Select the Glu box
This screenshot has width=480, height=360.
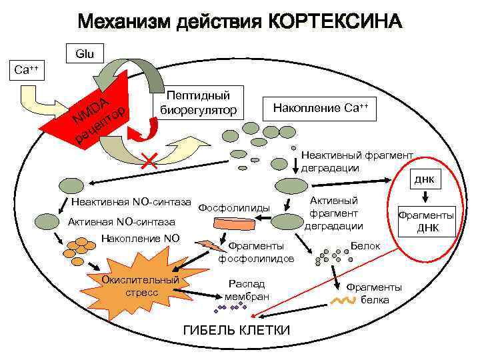coord(85,53)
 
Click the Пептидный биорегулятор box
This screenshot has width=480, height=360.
coord(199,102)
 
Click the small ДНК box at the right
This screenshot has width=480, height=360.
coord(425,179)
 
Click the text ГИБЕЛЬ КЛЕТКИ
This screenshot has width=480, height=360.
coord(236,331)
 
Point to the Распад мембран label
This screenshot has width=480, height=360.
coord(247,289)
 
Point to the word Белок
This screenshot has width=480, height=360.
coord(365,246)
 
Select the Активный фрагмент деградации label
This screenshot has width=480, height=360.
coord(334,213)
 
